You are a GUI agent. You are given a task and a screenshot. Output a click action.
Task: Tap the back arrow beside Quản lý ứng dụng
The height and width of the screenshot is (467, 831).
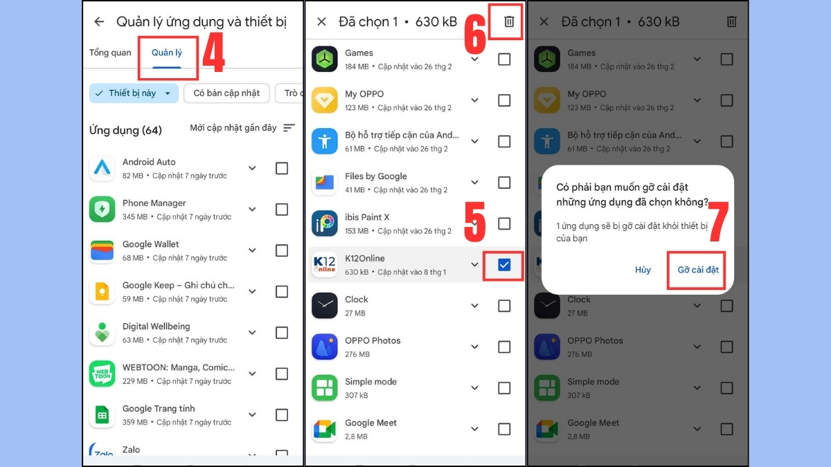99,21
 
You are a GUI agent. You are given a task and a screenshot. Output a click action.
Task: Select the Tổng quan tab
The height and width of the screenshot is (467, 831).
110,53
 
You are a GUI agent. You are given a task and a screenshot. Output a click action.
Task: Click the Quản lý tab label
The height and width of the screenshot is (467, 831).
167,53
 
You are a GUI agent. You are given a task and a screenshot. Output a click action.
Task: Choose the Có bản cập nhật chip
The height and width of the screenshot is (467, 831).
226,93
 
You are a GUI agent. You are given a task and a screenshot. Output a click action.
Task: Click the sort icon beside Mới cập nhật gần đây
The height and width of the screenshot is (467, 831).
289,128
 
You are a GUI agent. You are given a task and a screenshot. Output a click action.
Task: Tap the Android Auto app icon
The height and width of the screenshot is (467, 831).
102,168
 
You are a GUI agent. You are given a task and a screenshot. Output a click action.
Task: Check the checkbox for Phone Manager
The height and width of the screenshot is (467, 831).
282,210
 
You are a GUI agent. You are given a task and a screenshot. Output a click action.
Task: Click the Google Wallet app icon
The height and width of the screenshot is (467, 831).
102,250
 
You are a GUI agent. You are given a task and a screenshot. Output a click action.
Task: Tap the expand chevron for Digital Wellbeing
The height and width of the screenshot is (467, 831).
252,333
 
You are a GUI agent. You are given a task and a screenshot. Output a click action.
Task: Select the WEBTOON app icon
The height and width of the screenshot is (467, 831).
102,374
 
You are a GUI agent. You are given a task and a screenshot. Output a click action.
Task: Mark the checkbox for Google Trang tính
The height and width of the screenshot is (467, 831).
282,414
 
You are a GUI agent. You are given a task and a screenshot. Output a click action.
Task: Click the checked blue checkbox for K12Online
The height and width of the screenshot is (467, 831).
504,264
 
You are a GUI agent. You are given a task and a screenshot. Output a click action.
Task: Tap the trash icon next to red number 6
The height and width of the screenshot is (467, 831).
509,21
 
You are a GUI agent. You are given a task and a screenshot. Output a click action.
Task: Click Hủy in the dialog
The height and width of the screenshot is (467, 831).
643,269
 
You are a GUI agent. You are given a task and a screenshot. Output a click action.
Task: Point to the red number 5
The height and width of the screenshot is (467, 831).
475,221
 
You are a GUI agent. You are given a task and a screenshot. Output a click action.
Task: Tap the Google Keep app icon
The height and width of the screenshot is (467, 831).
102,291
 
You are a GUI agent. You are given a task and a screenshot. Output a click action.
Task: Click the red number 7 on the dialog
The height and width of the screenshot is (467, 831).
718,221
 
